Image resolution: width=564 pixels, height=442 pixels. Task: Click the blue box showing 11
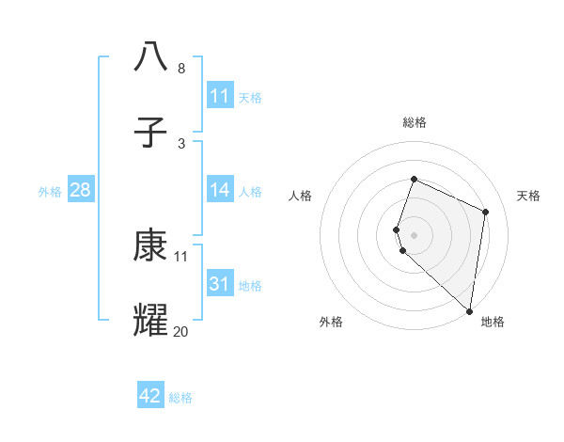(x=220, y=96)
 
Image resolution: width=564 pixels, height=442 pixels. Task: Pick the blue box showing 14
(x=220, y=191)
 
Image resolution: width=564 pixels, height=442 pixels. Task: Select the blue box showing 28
(x=81, y=191)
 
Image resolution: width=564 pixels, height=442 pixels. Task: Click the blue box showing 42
(x=150, y=396)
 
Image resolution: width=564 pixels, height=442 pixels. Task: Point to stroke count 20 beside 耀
(x=180, y=332)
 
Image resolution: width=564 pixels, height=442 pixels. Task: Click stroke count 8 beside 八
(x=181, y=69)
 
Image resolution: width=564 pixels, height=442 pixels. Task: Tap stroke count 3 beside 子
(x=181, y=144)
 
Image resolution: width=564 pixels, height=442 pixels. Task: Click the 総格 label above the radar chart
(x=415, y=122)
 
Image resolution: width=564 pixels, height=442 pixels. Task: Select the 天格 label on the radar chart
(x=528, y=196)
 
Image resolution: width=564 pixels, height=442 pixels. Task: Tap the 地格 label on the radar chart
(x=493, y=322)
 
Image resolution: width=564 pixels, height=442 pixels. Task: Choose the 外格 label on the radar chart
(x=331, y=322)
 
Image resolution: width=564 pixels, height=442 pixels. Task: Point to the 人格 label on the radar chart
(x=300, y=196)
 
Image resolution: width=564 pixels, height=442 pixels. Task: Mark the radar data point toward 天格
(x=486, y=212)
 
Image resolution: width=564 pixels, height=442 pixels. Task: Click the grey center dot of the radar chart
(x=415, y=234)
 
